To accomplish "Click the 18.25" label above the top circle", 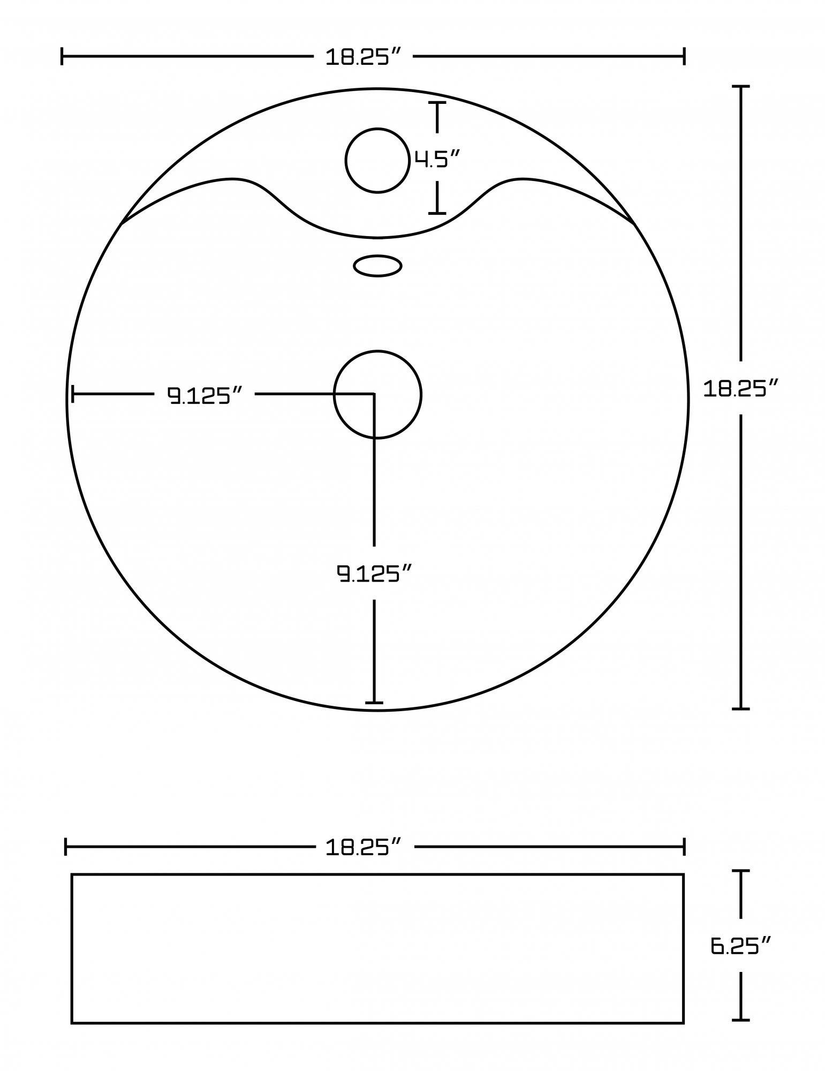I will click(364, 56).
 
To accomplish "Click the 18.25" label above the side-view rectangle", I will click(364, 847).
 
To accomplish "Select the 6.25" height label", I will click(740, 946).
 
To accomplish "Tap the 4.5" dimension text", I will click(437, 159).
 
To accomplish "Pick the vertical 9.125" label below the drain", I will click(375, 573).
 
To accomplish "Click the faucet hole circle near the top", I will click(377, 160).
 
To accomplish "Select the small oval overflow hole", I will click(377, 266).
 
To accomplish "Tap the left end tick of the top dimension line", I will click(63, 56).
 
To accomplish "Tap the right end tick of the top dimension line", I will click(684, 56).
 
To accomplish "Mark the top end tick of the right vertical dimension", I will click(740, 86).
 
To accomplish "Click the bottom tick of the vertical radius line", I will click(374, 702).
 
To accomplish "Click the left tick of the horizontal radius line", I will click(73, 395).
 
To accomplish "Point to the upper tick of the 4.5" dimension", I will click(437, 102).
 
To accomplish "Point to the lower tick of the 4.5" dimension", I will click(437, 213).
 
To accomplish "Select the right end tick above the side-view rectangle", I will click(684, 847).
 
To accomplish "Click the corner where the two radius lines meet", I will click(374, 394).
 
